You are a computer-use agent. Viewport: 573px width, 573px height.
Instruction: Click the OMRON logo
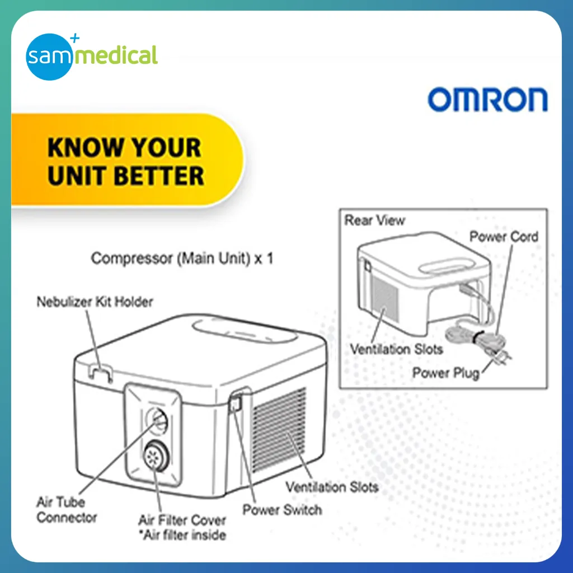point(487,99)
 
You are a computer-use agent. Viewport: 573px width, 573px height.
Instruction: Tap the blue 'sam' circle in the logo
point(49,57)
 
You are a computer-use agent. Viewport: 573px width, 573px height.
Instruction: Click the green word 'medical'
point(116,55)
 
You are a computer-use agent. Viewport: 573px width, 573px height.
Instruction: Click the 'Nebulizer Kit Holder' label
point(95,302)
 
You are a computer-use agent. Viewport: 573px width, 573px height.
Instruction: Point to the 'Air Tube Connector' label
point(67,509)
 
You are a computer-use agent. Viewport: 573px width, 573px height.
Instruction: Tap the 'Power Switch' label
point(282,510)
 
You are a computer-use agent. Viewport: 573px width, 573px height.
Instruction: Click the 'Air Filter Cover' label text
point(182,520)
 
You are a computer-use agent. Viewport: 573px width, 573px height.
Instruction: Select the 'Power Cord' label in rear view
point(504,237)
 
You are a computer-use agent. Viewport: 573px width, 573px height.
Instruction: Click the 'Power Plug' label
point(446,373)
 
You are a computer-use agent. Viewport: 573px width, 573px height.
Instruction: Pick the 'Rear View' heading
point(374,220)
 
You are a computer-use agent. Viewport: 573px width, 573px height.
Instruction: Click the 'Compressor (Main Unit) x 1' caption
point(182,259)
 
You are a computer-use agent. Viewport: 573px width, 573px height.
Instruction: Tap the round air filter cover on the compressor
point(156,455)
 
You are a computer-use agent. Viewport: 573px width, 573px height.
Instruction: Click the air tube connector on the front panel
point(157,420)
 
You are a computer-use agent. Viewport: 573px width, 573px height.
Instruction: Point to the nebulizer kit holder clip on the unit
point(100,374)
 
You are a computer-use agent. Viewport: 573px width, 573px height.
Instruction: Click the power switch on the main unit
point(236,402)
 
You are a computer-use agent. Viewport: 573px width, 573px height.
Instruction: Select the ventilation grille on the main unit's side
point(279,430)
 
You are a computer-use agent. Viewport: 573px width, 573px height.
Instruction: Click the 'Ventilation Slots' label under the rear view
point(397,349)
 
